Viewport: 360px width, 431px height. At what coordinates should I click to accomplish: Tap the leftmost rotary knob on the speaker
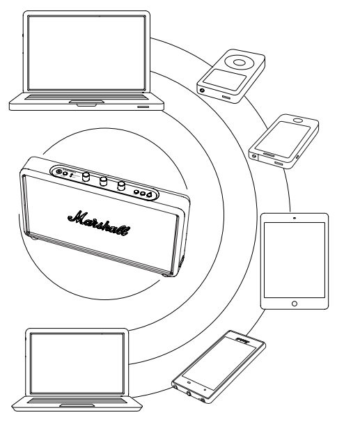[x=86, y=177]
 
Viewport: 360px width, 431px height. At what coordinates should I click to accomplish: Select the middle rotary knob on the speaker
[x=103, y=181]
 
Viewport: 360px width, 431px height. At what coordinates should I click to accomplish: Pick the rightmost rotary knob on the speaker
[x=121, y=186]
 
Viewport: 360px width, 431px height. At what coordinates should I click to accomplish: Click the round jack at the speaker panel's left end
[x=58, y=172]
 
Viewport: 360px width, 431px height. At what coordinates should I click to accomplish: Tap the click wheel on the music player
[x=239, y=63]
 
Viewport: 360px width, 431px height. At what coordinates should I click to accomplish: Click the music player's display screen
[x=225, y=79]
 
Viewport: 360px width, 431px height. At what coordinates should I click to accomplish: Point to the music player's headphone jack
[x=203, y=90]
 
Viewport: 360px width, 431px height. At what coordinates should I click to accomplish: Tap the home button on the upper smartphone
[x=299, y=120]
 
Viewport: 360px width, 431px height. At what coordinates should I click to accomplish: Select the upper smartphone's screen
[x=283, y=140]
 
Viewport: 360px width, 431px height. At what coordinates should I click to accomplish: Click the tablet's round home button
[x=295, y=304]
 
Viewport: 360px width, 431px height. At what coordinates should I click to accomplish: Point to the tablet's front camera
[x=295, y=218]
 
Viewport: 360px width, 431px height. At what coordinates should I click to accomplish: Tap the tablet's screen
[x=295, y=260]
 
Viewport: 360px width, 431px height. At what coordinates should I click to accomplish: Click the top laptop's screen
[x=86, y=53]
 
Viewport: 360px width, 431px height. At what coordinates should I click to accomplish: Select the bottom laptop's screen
[x=77, y=363]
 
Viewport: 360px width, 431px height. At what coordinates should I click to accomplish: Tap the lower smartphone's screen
[x=219, y=363]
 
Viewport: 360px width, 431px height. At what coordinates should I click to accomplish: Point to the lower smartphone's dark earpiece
[x=242, y=341]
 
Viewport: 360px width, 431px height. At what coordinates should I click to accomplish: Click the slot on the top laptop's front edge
[x=143, y=107]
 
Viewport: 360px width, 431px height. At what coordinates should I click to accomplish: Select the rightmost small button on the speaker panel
[x=149, y=195]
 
